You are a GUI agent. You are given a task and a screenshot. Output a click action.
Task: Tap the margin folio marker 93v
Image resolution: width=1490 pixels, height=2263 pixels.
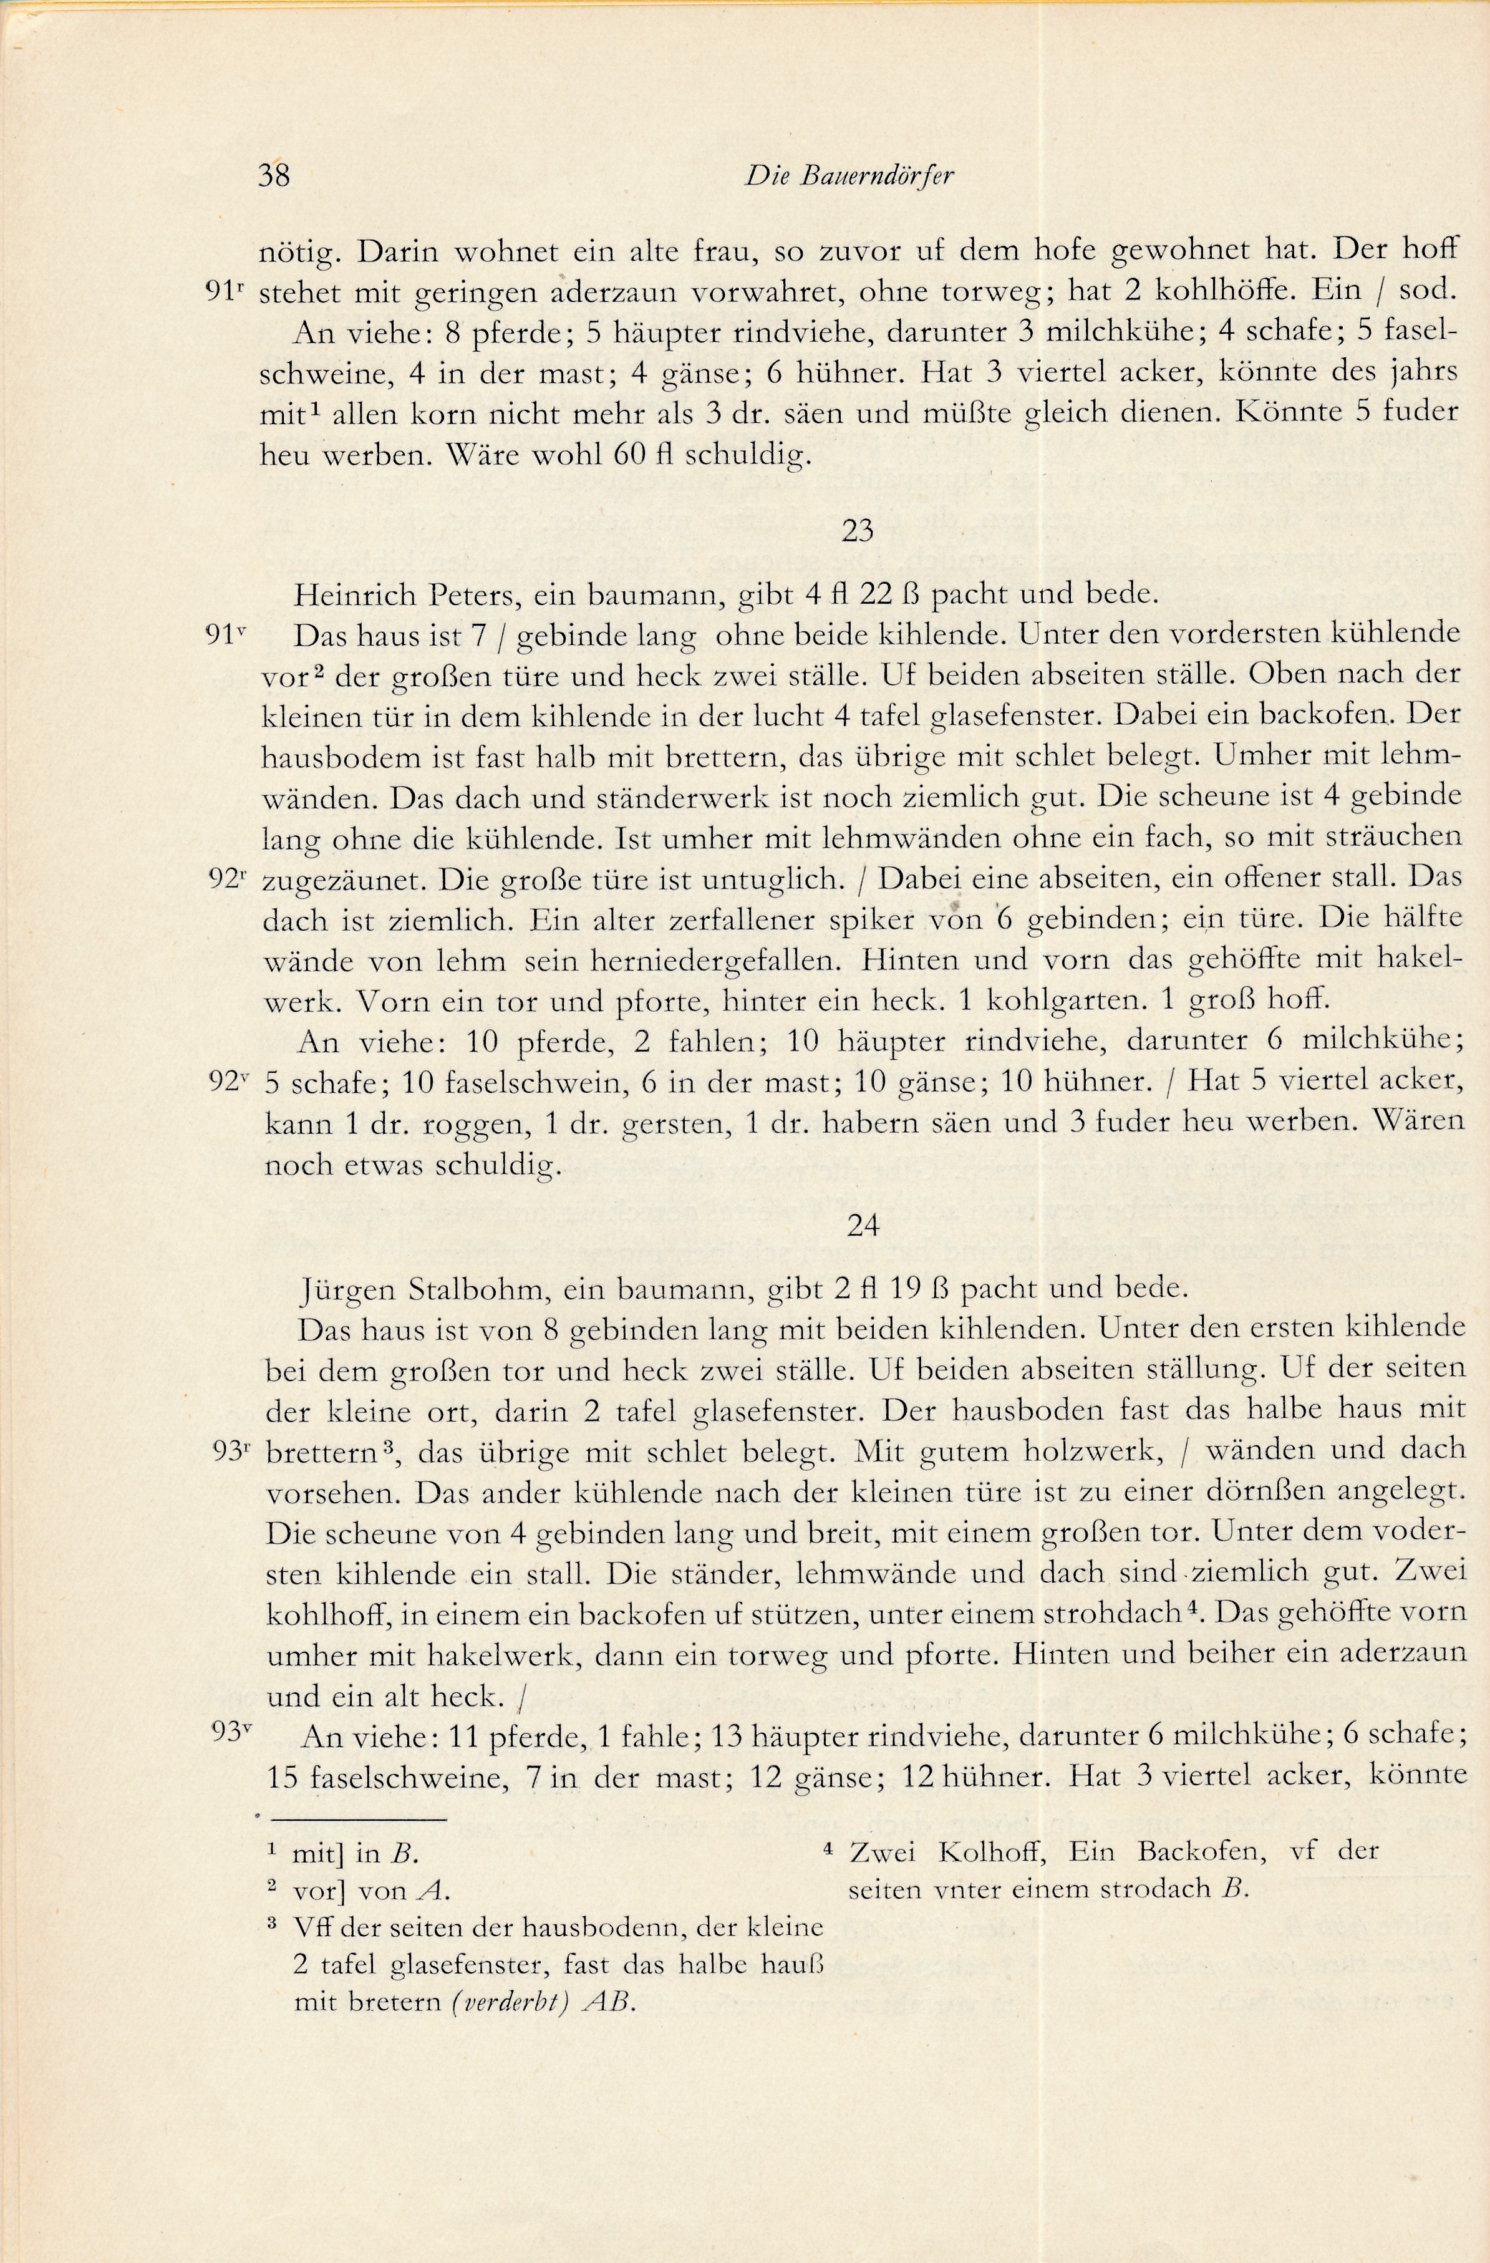231,1732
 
